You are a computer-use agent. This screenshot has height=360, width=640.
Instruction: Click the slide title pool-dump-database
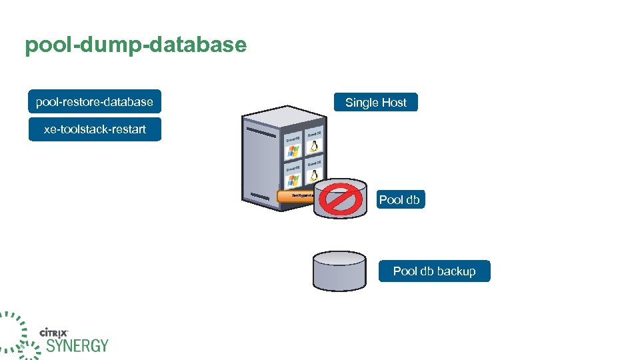click(x=135, y=45)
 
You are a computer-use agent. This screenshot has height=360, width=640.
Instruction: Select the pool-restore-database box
click(x=94, y=102)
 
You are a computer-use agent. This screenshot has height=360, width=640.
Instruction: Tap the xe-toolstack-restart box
click(x=95, y=129)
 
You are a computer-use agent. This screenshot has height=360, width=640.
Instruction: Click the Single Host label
click(x=375, y=103)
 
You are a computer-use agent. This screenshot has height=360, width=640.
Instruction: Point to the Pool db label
click(x=399, y=199)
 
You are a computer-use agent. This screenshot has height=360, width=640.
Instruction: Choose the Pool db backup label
click(x=434, y=271)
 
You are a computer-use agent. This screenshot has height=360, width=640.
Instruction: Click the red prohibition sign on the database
click(x=341, y=198)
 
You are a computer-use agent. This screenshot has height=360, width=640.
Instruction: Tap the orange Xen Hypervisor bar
click(x=294, y=195)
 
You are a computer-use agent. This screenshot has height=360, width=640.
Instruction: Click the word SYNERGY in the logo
click(x=77, y=345)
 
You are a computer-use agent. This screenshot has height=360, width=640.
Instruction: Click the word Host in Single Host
click(x=393, y=103)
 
